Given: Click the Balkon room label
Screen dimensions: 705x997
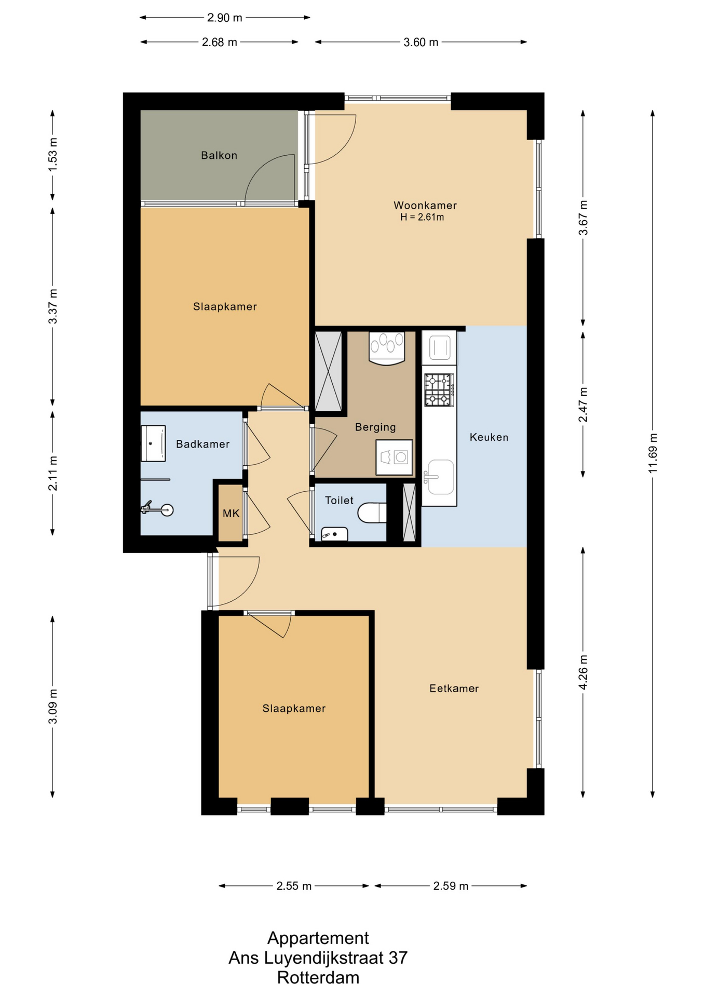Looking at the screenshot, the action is pos(219,155).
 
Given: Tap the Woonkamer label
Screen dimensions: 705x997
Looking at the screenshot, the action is pos(425,205).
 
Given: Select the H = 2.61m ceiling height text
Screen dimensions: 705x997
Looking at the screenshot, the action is pos(422,217).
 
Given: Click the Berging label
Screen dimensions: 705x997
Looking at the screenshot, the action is pos(375,427).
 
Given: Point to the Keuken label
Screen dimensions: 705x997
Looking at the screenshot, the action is pos(489,437).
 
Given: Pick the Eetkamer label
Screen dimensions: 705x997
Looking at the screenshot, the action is pos(454,689).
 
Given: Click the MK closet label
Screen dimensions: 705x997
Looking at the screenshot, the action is pos(231,514).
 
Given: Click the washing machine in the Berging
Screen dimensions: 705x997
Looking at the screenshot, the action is pos(395,457).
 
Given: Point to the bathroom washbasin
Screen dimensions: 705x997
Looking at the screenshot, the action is pos(153,443).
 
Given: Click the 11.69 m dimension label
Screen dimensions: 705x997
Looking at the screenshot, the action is pos(653,453).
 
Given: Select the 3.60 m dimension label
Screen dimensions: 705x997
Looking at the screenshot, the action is pos(421,42).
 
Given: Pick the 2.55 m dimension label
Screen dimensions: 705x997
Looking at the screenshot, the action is pos(294,886).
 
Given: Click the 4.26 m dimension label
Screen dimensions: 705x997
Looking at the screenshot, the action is pos(584,672).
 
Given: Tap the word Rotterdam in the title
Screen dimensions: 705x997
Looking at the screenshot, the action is pos(318,978).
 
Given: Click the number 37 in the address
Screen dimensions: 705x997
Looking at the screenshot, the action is pos(398,958).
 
